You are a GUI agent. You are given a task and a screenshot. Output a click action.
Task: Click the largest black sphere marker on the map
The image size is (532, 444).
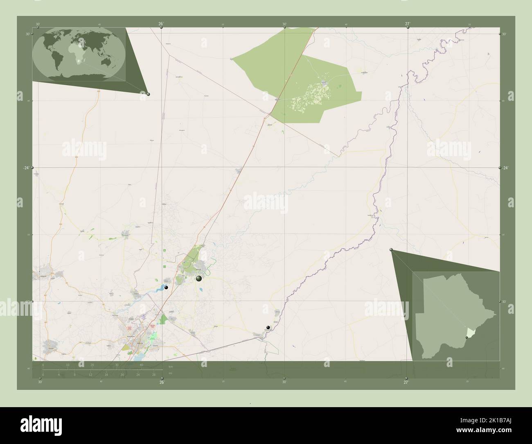[199, 279]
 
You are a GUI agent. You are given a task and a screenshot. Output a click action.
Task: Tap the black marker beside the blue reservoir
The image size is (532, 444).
[166, 288]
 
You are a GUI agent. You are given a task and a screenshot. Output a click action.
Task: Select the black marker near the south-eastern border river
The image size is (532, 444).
[268, 327]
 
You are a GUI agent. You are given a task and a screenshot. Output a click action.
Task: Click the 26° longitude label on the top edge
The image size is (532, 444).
[161, 24]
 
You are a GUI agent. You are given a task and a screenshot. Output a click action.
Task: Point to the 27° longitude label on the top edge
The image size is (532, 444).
[408, 24]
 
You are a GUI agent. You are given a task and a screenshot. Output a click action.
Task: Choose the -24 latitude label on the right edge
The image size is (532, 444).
[505, 168]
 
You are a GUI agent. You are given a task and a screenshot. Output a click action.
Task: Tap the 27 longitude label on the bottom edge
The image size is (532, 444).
[406, 383]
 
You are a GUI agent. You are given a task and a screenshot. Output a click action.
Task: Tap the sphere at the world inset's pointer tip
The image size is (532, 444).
[148, 94]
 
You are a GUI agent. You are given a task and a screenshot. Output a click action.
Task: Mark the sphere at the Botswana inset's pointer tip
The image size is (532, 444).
[391, 250]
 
